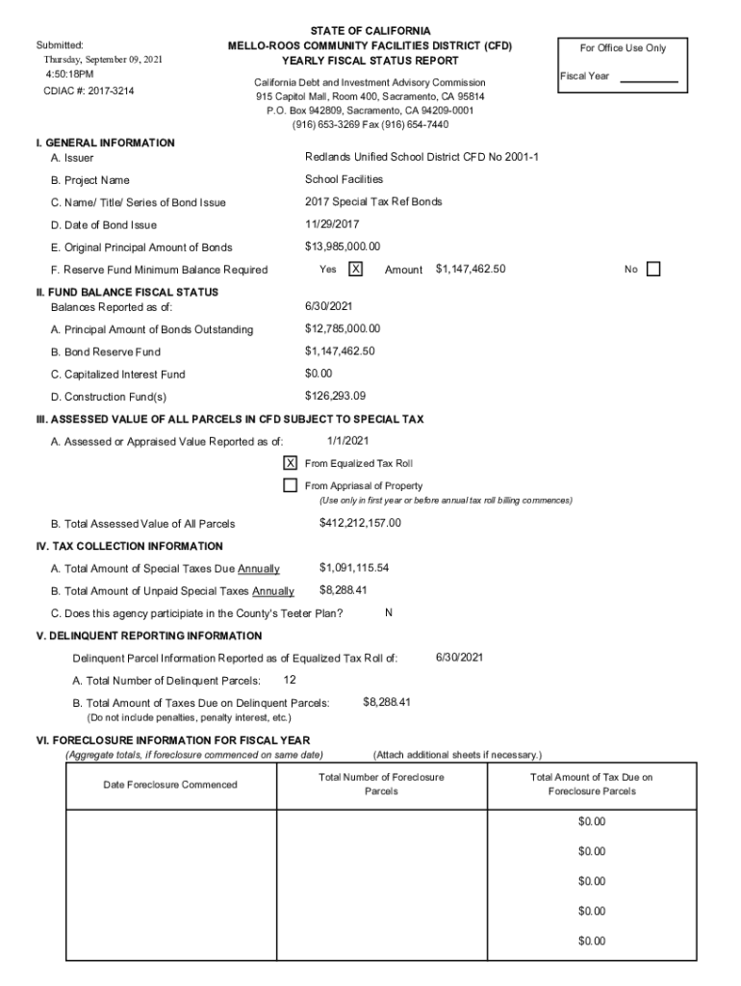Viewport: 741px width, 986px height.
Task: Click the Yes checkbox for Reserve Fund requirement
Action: pyautogui.click(x=355, y=270)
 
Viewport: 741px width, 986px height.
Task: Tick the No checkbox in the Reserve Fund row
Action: pyautogui.click(x=654, y=270)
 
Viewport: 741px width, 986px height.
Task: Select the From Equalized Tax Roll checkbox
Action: pyautogui.click(x=290, y=463)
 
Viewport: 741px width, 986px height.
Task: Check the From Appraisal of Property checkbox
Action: pyautogui.click(x=290, y=485)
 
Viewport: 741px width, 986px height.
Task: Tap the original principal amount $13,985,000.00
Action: pyautogui.click(x=343, y=246)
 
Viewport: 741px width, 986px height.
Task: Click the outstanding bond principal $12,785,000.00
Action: pyautogui.click(x=343, y=329)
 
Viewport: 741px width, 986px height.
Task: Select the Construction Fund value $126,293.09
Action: pyautogui.click(x=335, y=396)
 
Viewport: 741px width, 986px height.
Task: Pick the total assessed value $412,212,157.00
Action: pyautogui.click(x=360, y=523)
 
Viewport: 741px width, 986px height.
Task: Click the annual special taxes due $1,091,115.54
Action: pyautogui.click(x=354, y=568)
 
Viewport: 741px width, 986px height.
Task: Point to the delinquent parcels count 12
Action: pyautogui.click(x=290, y=680)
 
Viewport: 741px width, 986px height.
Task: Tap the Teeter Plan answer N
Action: pyautogui.click(x=388, y=612)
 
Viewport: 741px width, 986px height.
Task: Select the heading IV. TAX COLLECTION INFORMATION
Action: pyautogui.click(x=129, y=546)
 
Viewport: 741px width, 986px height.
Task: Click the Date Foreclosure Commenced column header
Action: pyautogui.click(x=169, y=785)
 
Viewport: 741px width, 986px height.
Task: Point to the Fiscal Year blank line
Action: pyautogui.click(x=649, y=81)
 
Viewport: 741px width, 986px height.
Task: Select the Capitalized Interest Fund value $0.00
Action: pyautogui.click(x=319, y=374)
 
